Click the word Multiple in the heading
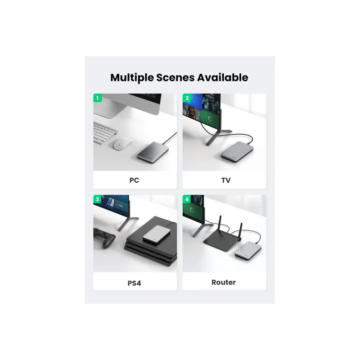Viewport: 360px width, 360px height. click(132, 78)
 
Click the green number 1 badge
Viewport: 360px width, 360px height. click(97, 98)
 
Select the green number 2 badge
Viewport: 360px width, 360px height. click(187, 98)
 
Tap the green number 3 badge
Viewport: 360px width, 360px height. click(97, 199)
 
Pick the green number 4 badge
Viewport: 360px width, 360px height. click(187, 199)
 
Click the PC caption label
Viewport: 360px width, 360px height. click(134, 180)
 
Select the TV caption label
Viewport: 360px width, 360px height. click(226, 180)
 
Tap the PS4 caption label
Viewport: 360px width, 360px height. click(134, 283)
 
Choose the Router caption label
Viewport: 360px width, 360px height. click(224, 282)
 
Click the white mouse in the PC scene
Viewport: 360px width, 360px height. click(122, 144)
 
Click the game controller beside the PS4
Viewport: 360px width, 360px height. click(104, 238)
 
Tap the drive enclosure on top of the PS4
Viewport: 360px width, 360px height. click(157, 234)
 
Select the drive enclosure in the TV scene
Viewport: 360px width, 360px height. click(237, 152)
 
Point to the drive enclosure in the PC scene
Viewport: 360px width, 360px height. click(153, 151)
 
